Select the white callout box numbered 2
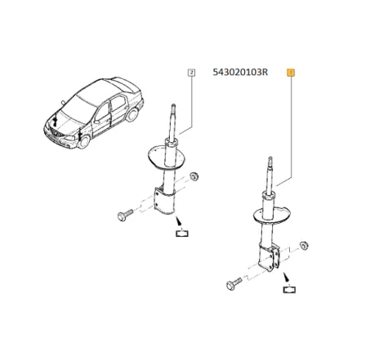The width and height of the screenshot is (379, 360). (191, 72)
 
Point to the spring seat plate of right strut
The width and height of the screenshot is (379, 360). (270, 214)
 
